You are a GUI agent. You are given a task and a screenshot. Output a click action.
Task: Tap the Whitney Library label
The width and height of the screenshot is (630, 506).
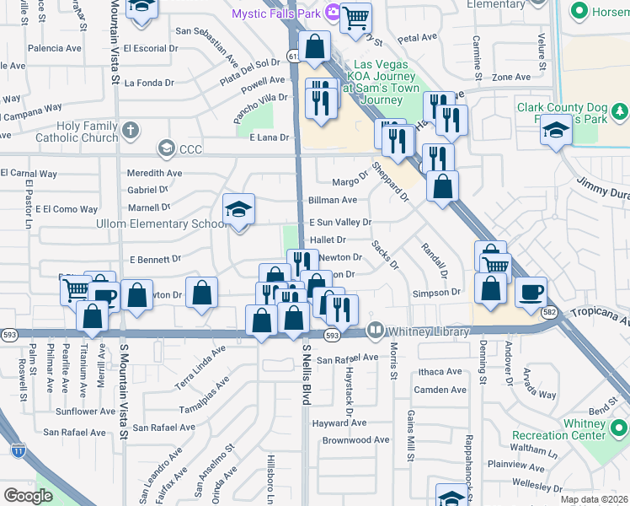(428, 331)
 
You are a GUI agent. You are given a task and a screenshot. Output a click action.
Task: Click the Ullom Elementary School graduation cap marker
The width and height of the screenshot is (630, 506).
(238, 210)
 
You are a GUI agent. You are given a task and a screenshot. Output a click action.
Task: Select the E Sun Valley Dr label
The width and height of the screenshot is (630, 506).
(340, 222)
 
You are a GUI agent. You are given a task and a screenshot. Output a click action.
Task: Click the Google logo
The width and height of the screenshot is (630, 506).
(28, 496)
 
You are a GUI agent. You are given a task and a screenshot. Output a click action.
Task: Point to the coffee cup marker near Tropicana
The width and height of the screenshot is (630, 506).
(531, 292)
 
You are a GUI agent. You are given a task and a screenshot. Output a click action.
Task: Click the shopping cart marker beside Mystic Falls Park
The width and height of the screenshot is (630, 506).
(356, 16)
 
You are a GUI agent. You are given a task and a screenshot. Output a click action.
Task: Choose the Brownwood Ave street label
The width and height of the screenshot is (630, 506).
(356, 439)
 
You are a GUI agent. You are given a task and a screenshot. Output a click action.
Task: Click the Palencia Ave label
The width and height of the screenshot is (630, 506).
(55, 48)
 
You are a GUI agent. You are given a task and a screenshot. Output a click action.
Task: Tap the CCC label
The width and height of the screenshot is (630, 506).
(191, 149)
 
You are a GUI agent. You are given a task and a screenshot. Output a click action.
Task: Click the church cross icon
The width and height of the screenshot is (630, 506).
(129, 131)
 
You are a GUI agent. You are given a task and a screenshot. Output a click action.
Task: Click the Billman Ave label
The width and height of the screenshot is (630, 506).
(333, 200)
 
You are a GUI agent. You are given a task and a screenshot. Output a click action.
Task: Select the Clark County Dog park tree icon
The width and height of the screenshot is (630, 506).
(620, 110)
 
